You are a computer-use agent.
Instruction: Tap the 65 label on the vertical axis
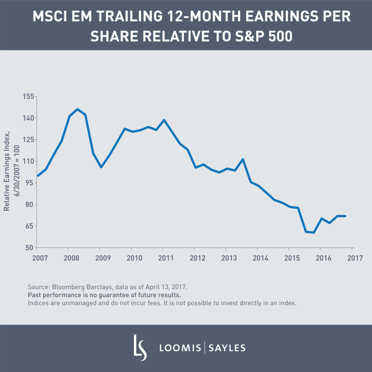tap(29, 226)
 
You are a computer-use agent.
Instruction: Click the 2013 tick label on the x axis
tap(226, 258)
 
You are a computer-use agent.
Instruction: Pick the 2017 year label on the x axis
tap(352, 258)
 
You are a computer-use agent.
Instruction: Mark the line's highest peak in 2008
tap(77, 109)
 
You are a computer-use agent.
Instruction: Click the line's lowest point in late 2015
tap(314, 232)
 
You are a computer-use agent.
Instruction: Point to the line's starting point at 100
tap(37, 175)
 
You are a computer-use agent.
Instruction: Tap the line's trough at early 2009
tap(101, 167)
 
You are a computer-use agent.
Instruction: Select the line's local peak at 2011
tap(164, 120)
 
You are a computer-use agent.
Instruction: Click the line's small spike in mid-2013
tap(243, 159)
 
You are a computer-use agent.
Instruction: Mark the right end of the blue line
tap(345, 216)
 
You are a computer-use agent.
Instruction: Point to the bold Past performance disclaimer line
tap(104, 295)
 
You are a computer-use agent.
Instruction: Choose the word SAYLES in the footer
tap(227, 348)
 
